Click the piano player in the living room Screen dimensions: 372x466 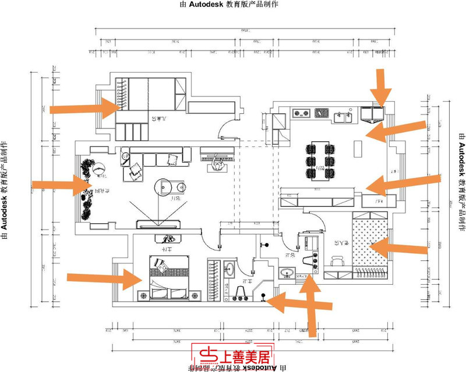click(x=218, y=166)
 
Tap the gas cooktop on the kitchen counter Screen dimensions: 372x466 click(x=302, y=113)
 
